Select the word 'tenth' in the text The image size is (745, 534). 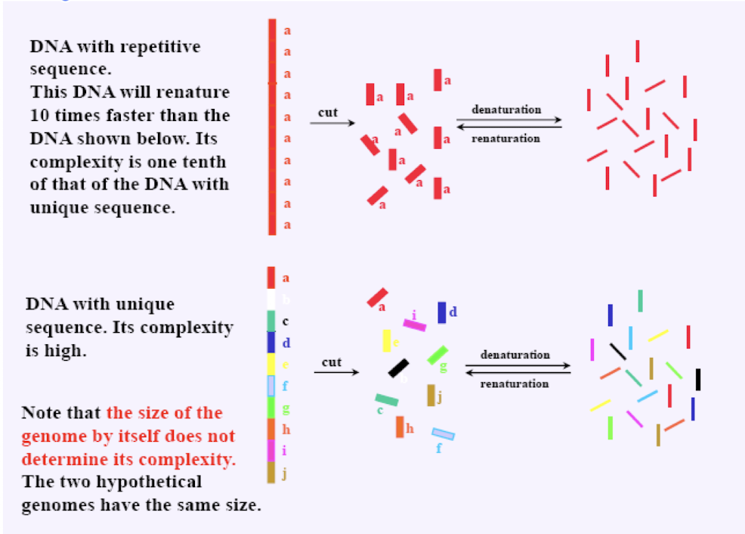point(199,162)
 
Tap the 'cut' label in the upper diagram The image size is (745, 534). point(327,112)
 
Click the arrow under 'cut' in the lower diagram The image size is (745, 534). point(334,372)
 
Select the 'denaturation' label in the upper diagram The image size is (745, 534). point(506,109)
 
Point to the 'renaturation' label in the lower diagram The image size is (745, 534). point(515,383)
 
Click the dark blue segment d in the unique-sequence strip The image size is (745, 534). point(271,343)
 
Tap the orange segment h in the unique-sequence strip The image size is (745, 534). point(271,429)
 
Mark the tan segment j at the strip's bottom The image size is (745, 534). point(271,473)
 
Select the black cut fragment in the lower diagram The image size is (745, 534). point(398,368)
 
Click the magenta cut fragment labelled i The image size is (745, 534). point(414,325)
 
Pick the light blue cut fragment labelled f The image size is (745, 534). point(443,434)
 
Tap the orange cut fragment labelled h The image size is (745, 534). point(400,427)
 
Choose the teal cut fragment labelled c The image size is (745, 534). point(386,399)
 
